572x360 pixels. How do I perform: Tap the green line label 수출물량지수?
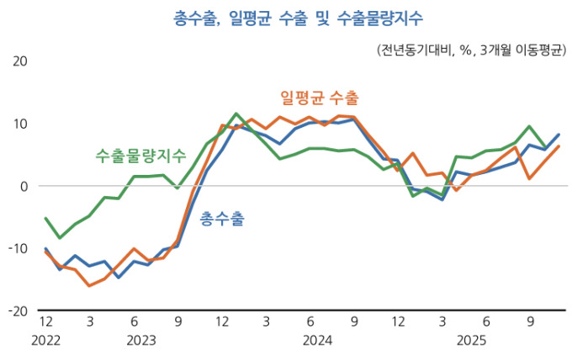pyautogui.click(x=140, y=155)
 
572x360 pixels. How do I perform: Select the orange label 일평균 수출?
pyautogui.click(x=319, y=98)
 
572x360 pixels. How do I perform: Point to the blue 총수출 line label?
pyautogui.click(x=222, y=220)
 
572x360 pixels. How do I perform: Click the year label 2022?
pyautogui.click(x=45, y=341)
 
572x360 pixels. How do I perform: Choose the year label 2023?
pyautogui.click(x=141, y=341)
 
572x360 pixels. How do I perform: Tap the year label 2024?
pyautogui.click(x=317, y=341)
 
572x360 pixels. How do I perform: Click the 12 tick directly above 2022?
pyautogui.click(x=45, y=321)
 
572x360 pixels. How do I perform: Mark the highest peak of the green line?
pyautogui.click(x=236, y=114)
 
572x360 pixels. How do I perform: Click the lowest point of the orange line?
pyautogui.click(x=89, y=286)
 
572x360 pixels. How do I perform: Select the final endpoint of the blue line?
pyautogui.click(x=558, y=135)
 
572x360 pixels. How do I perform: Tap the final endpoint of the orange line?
pyautogui.click(x=558, y=146)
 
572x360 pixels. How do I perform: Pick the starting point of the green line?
pyautogui.click(x=45, y=218)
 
